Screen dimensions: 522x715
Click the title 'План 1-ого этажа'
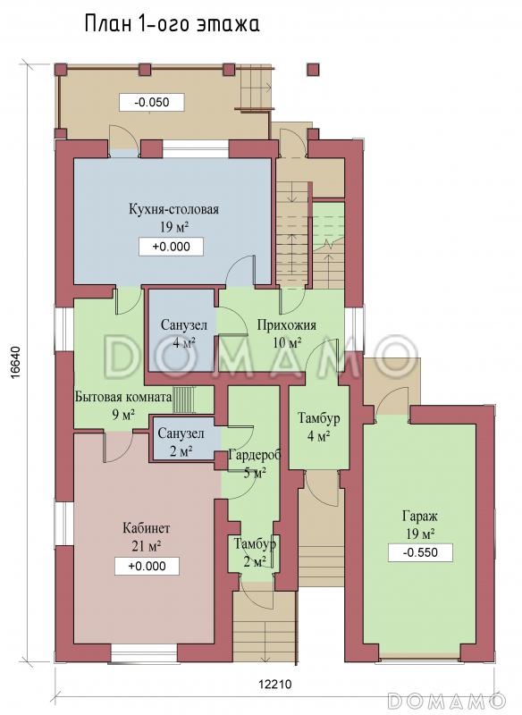173,24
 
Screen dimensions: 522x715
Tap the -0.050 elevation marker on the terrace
152,102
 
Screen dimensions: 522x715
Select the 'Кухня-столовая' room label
173,209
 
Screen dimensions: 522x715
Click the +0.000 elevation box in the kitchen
171,247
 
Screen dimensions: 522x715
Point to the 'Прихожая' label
286,325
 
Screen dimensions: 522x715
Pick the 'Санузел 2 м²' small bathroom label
181,442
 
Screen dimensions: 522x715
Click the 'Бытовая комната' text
123,397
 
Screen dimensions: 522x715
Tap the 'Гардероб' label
255,455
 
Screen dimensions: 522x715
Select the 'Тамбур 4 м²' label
319,427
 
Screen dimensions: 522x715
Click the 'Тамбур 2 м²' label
255,552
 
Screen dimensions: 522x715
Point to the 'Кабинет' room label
147,528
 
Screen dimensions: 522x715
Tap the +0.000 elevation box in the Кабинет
147,567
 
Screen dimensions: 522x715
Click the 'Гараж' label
420,516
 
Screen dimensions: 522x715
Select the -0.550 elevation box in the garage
420,552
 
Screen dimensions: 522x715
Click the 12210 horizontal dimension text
274,684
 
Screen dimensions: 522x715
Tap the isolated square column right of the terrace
313,69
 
